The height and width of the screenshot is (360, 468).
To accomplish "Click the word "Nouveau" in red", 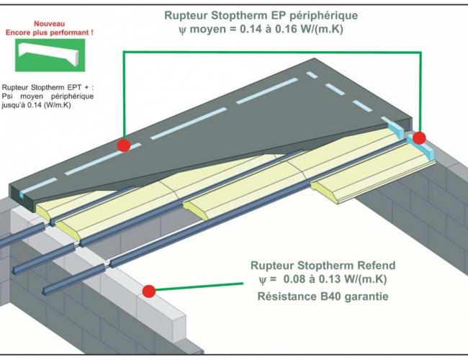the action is (x=49, y=24).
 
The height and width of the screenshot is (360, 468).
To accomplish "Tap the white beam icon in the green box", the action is (x=49, y=53).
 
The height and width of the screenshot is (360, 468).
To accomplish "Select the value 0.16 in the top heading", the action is (x=287, y=29).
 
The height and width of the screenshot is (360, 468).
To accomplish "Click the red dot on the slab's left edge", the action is (x=124, y=145).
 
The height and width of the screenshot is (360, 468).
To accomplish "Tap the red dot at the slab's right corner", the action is (x=419, y=138).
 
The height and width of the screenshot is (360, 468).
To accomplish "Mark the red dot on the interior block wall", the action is (x=148, y=291).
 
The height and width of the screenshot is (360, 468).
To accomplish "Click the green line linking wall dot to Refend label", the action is (x=199, y=287).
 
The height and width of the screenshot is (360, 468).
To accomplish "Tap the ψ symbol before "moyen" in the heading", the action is (x=182, y=30).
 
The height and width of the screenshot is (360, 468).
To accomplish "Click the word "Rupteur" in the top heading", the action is (x=181, y=16).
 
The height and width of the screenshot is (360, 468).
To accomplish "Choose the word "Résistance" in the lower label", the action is (x=287, y=297).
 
